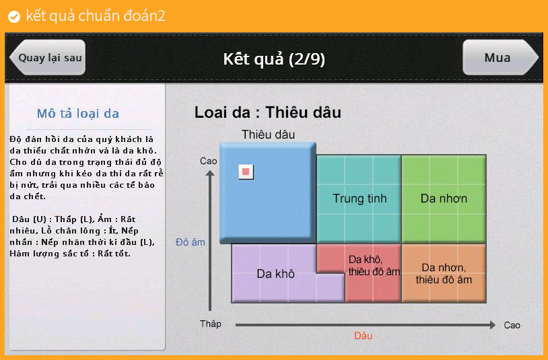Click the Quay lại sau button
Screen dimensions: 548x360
coord(48,58)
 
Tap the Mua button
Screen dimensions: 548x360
coord(500,58)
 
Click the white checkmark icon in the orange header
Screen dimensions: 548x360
coord(14,16)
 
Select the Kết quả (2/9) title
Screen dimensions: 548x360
coord(274,59)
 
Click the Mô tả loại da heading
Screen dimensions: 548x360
coord(78,114)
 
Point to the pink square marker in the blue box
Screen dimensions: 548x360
coord(246,172)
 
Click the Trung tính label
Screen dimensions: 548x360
coord(359,199)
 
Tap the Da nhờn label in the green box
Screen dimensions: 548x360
coord(444,199)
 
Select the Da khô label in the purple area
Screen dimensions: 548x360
coord(275,274)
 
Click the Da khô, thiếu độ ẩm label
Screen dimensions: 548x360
coord(374,265)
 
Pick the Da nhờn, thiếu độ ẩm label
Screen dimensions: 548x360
coord(444,273)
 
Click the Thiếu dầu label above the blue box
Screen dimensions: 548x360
coord(268,135)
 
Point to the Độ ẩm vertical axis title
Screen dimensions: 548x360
coord(190,242)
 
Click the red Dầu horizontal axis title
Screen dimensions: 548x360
coord(363,336)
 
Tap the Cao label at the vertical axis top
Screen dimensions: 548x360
coord(208,161)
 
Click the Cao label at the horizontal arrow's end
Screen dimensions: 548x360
coord(512,325)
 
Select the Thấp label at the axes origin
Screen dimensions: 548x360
coord(211,324)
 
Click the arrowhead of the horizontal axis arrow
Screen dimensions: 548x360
coord(493,325)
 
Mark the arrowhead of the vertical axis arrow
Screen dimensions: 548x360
coord(209,173)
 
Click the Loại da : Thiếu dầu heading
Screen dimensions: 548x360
coord(268,112)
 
